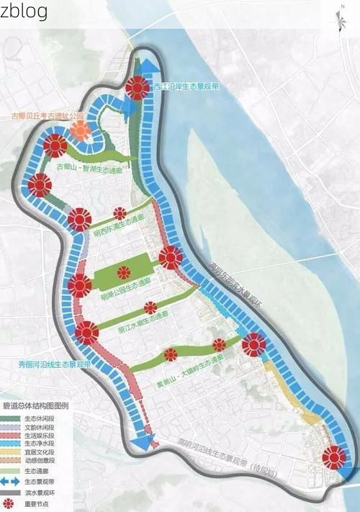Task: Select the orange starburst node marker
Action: point(81,131)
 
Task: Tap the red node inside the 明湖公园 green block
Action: point(123,272)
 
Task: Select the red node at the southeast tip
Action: point(333,457)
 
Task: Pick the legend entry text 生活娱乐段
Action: point(37,436)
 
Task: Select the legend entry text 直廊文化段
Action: point(37,454)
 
